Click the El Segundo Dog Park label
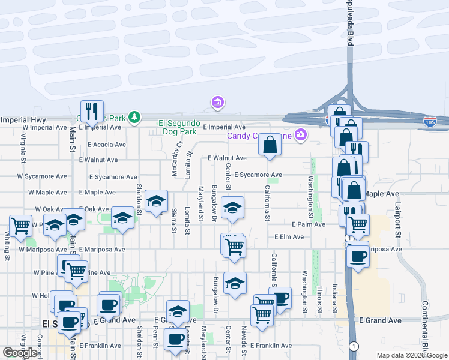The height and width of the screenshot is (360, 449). click(x=178, y=127)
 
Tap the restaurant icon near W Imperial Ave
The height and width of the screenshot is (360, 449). click(x=92, y=111)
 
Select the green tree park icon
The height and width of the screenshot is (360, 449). click(x=136, y=117)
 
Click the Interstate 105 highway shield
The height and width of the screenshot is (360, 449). click(x=430, y=122)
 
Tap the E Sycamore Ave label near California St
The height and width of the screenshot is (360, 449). click(x=258, y=175)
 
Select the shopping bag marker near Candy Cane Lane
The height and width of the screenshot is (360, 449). click(x=270, y=145)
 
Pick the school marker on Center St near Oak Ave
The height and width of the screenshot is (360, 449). click(x=233, y=208)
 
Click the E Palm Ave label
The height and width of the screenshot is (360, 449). click(x=308, y=224)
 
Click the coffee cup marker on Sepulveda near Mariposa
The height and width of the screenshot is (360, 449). click(x=358, y=256)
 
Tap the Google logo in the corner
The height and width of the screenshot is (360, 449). click(x=20, y=353)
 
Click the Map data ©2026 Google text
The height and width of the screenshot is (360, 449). click(x=412, y=355)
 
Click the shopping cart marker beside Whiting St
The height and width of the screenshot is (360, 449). click(x=21, y=226)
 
